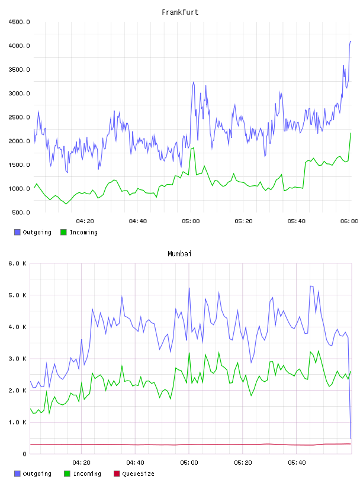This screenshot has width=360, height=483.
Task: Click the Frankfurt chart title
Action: click(x=180, y=12)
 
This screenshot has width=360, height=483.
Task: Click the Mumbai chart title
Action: click(x=179, y=253)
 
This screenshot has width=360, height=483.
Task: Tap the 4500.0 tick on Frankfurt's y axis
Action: click(x=19, y=22)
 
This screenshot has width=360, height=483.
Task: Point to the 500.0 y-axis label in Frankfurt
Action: click(x=21, y=212)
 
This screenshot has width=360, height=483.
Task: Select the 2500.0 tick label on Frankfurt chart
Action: click(x=19, y=117)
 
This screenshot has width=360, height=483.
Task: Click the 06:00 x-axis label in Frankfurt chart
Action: click(x=349, y=221)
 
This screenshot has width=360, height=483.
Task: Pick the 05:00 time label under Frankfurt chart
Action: click(x=191, y=221)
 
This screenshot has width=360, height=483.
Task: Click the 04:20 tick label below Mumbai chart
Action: click(x=81, y=462)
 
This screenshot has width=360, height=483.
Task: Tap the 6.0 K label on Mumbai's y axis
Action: click(x=17, y=263)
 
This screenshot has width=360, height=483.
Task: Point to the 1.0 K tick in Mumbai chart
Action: click(x=17, y=422)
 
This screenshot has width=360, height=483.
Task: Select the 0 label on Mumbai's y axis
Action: click(x=24, y=454)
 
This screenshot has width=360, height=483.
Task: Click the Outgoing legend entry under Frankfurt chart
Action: click(x=33, y=232)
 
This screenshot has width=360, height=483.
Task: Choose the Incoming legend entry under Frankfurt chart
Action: click(x=79, y=232)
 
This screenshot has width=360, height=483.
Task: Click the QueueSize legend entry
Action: click(x=134, y=474)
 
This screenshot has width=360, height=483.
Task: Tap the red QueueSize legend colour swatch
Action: click(x=117, y=474)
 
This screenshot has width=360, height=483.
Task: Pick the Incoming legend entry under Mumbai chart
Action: click(x=83, y=474)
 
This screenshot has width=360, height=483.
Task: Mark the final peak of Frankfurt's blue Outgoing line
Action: click(x=351, y=41)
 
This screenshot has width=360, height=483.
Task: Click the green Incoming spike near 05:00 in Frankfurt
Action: click(x=194, y=148)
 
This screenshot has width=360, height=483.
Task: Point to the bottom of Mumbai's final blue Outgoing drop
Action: click(x=351, y=438)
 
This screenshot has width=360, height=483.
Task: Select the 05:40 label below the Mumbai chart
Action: click(x=297, y=462)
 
